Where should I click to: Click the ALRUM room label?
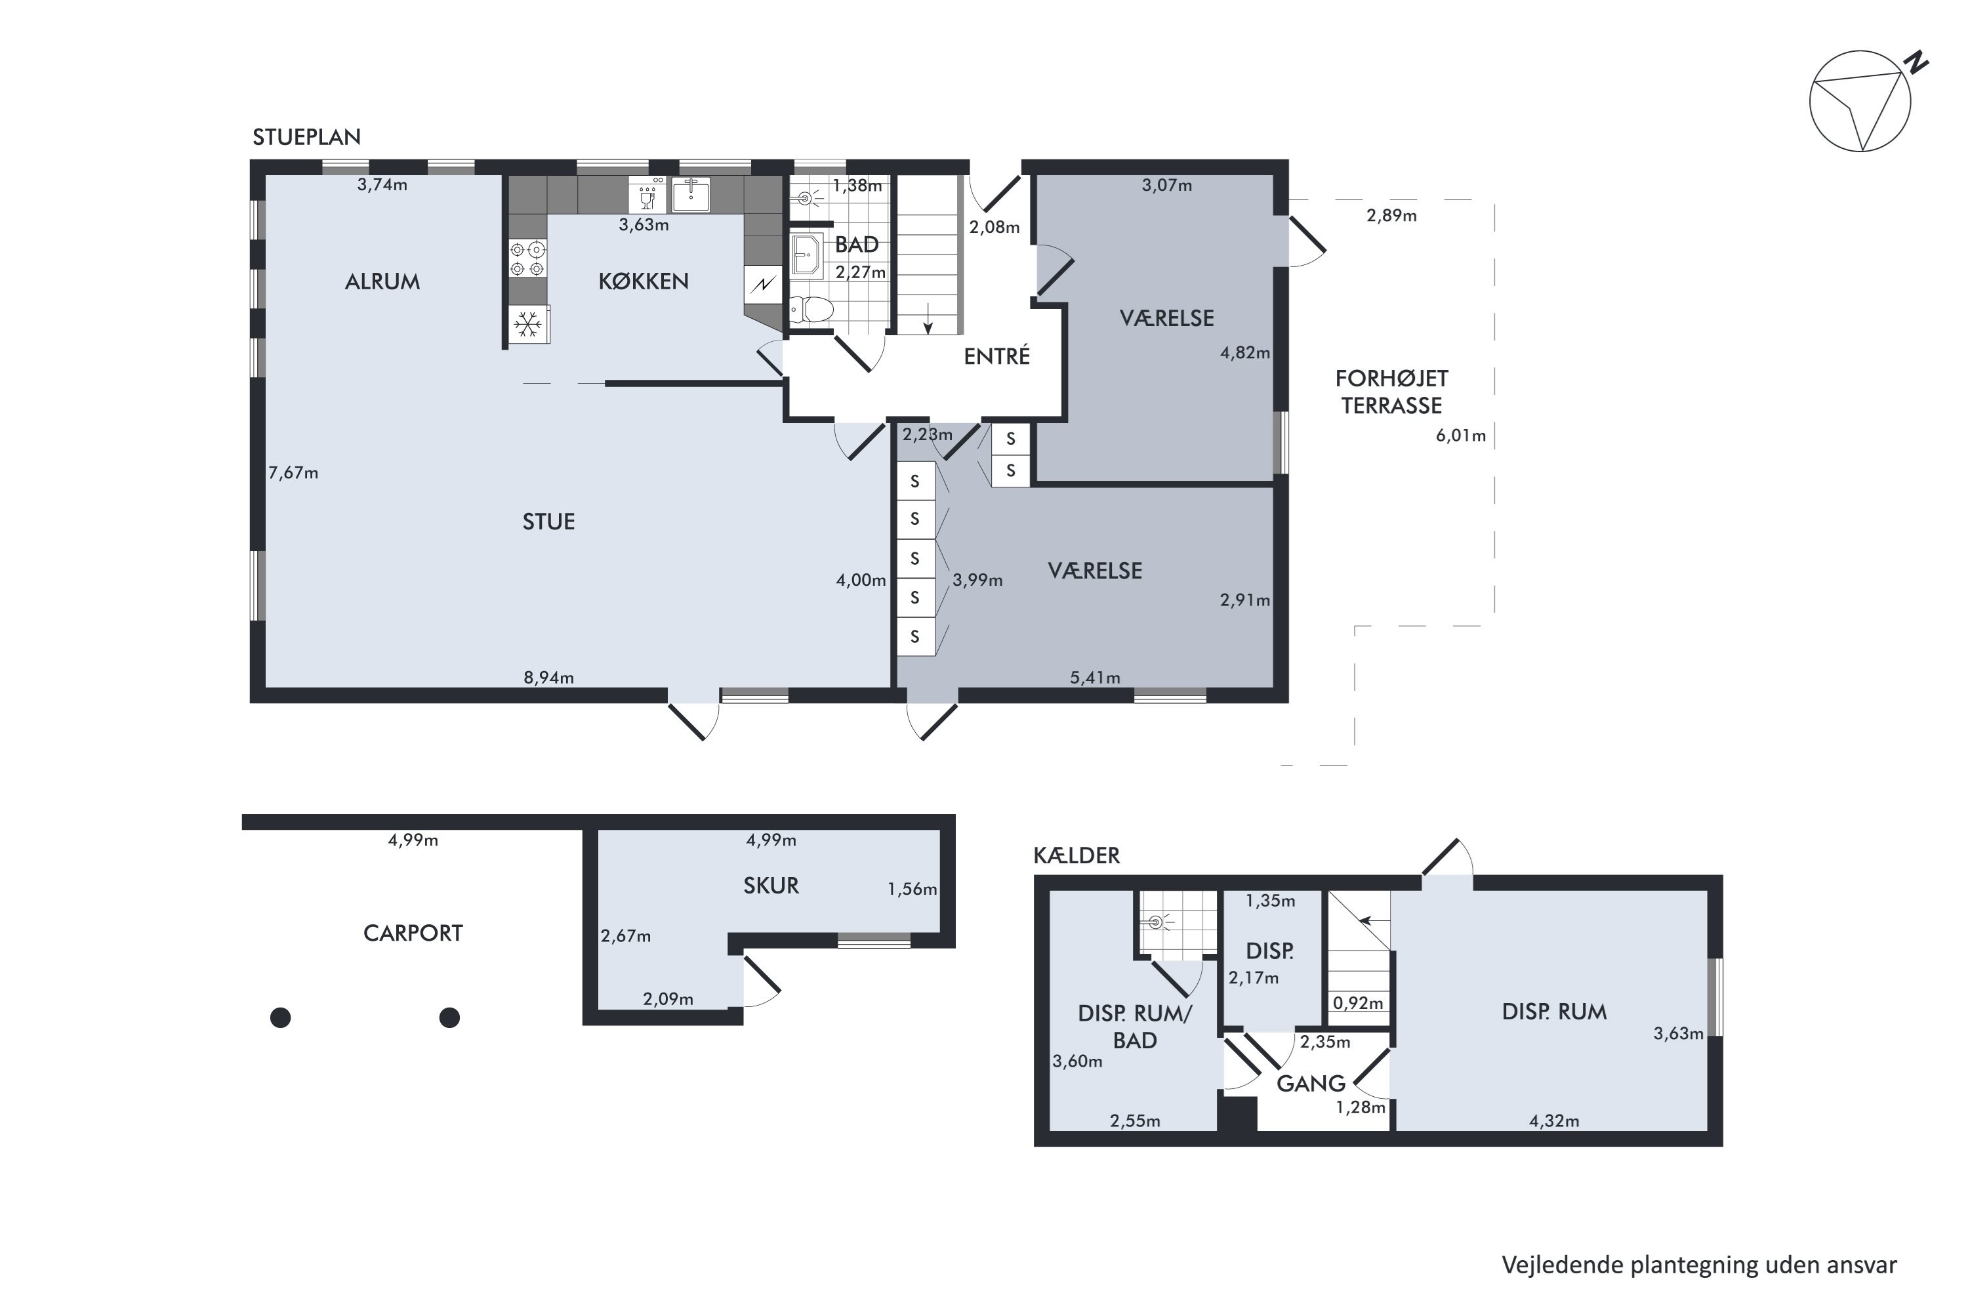pyautogui.click(x=382, y=281)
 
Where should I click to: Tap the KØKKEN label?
pyautogui.click(x=644, y=281)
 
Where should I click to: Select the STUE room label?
pyautogui.click(x=549, y=522)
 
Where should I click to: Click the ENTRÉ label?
pyautogui.click(x=996, y=356)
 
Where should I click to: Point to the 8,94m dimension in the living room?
pyautogui.click(x=549, y=678)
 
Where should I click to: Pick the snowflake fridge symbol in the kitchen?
pyautogui.click(x=528, y=325)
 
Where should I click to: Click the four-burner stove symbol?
pyautogui.click(x=528, y=258)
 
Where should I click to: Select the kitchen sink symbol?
pyautogui.click(x=691, y=195)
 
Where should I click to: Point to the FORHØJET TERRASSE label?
pyautogui.click(x=1391, y=392)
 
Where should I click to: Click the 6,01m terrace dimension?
pyautogui.click(x=1461, y=435)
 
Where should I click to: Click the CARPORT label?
pyautogui.click(x=413, y=933)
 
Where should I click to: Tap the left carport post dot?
pyautogui.click(x=280, y=1017)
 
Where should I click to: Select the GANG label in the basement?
pyautogui.click(x=1310, y=1084)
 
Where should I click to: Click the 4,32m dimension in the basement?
pyautogui.click(x=1554, y=1121)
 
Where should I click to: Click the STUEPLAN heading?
pyautogui.click(x=306, y=137)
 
